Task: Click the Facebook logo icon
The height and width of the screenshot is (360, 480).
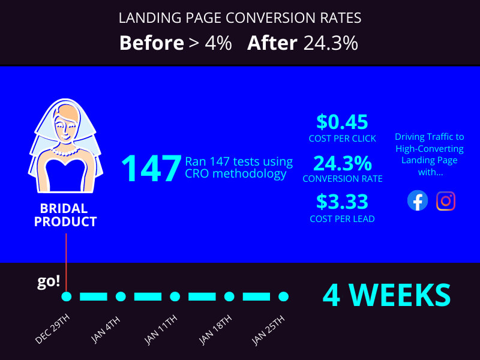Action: click(x=418, y=200)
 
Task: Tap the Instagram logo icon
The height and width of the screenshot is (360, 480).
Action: click(x=446, y=200)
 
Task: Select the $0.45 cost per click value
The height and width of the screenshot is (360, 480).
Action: click(x=342, y=122)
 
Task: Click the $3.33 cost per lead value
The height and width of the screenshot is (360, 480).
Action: click(x=342, y=202)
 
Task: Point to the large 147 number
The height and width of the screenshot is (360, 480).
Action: click(x=151, y=168)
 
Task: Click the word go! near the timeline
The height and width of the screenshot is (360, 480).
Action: click(x=49, y=282)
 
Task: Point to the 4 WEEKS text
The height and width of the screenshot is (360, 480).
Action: click(x=386, y=295)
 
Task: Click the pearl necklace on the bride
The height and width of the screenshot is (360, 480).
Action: click(x=65, y=152)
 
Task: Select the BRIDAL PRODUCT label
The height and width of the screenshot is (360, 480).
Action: click(x=65, y=215)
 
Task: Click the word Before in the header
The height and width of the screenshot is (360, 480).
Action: click(x=151, y=43)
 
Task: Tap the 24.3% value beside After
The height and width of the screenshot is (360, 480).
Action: click(x=331, y=43)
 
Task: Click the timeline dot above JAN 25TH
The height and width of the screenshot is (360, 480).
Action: click(x=284, y=296)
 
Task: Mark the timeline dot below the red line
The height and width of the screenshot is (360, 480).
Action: click(x=67, y=296)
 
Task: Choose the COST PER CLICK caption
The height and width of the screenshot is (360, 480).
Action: click(x=342, y=139)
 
